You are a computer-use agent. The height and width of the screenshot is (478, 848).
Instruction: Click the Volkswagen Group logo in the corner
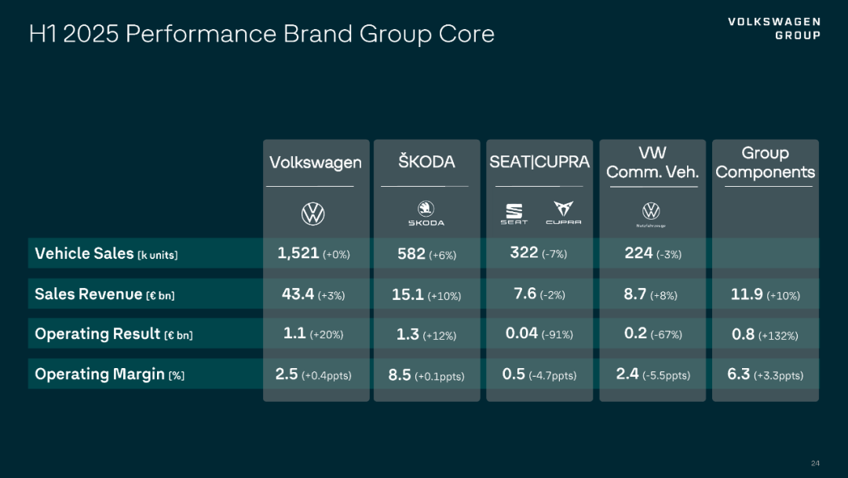[774, 28]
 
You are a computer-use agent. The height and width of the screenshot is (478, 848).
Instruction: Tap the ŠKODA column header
[426, 162]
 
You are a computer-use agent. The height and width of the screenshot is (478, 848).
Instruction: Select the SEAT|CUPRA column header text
[539, 162]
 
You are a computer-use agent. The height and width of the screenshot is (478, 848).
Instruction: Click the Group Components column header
[766, 162]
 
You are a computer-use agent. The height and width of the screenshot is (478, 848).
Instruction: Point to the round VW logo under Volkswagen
[313, 213]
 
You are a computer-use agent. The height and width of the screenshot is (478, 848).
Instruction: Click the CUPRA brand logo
[563, 212]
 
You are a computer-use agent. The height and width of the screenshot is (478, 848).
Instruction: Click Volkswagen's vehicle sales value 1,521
[298, 253]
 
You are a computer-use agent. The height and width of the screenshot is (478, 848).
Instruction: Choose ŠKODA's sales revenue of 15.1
[408, 294]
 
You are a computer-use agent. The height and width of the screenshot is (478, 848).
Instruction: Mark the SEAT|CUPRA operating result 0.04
[522, 334]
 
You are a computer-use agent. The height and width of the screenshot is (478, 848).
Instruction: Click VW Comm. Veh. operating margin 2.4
[627, 374]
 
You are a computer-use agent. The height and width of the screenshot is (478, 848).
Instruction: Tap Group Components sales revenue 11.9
[747, 294]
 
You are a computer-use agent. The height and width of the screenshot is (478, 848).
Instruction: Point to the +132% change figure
[778, 335]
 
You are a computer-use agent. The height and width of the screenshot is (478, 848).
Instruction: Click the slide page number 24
[815, 462]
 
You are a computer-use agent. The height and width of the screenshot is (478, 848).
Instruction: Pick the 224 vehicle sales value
[638, 253]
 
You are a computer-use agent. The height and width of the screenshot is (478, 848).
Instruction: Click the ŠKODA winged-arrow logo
[426, 210]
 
